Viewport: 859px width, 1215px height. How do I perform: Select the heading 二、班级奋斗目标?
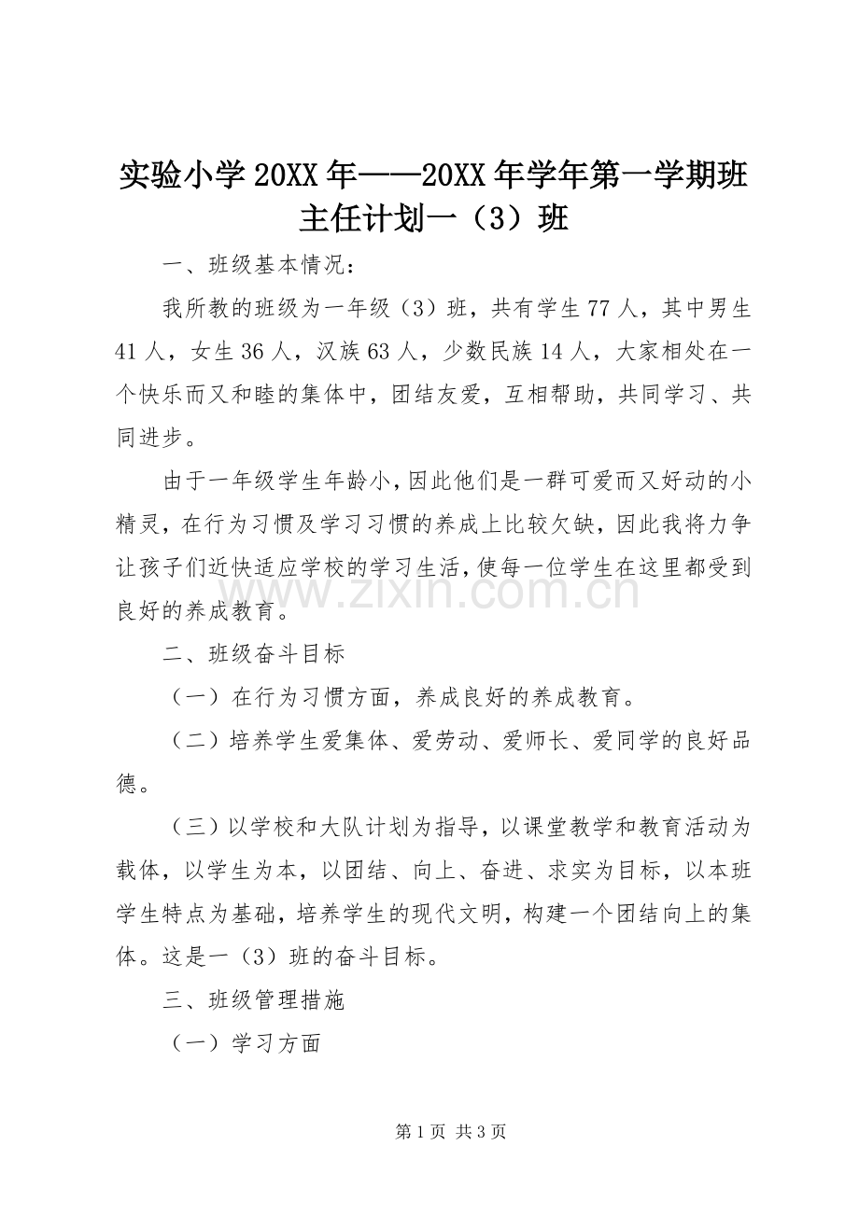pyautogui.click(x=254, y=653)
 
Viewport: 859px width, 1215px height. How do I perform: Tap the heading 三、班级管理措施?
pyautogui.click(x=254, y=1000)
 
